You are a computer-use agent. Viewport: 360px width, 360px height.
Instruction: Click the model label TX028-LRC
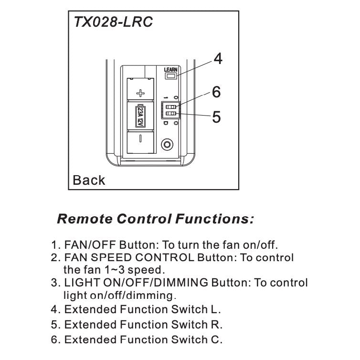tap(114, 22)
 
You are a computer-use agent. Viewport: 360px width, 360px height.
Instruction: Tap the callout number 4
tap(218, 59)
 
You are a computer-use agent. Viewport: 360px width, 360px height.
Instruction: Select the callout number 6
tap(216, 92)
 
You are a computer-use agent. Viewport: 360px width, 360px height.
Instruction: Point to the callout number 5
tap(216, 117)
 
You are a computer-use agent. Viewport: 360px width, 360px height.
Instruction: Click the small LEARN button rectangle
tap(170, 76)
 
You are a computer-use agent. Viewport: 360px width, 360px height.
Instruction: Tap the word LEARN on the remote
tap(170, 70)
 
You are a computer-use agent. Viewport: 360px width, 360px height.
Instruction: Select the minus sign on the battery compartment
tap(140, 139)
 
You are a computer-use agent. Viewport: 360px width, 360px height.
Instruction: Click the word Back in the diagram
tap(89, 180)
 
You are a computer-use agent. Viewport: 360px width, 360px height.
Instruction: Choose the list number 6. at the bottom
tap(56, 340)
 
